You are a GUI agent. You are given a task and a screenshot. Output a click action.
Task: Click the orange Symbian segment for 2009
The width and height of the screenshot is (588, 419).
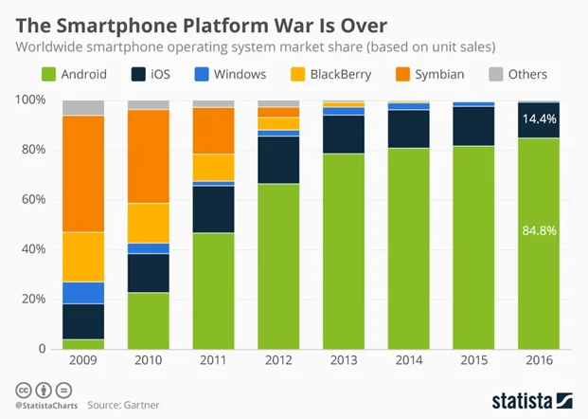83,173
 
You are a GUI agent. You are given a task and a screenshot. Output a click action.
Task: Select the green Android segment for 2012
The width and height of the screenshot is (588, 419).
279,266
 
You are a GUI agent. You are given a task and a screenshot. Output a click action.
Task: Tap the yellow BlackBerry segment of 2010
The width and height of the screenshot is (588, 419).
149,223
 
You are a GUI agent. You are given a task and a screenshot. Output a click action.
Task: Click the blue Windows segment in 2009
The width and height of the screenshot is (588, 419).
83,293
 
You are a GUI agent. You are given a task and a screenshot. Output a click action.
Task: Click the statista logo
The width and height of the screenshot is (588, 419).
526,399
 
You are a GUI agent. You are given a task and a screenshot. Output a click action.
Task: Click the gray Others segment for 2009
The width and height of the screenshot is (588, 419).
83,107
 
